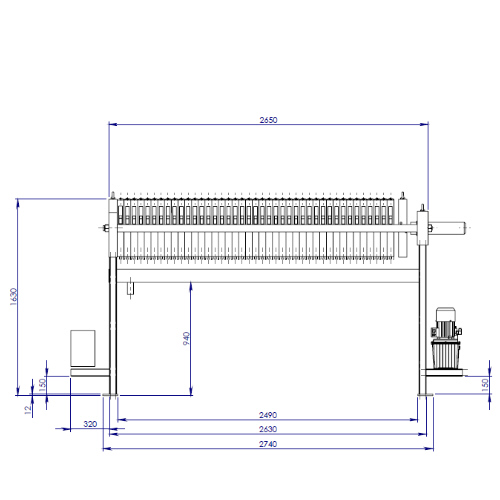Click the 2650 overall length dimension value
pyautogui.click(x=268, y=120)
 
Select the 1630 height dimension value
pyautogui.click(x=13, y=296)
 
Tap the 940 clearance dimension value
pyautogui.click(x=187, y=338)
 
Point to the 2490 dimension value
pyautogui.click(x=268, y=415)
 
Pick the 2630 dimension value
pyautogui.click(x=268, y=429)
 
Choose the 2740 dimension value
pyautogui.click(x=268, y=444)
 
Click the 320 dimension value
pyautogui.click(x=90, y=424)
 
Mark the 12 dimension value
pyautogui.click(x=28, y=409)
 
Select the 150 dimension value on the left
pyautogui.click(x=42, y=385)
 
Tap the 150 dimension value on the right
pyautogui.click(x=485, y=385)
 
